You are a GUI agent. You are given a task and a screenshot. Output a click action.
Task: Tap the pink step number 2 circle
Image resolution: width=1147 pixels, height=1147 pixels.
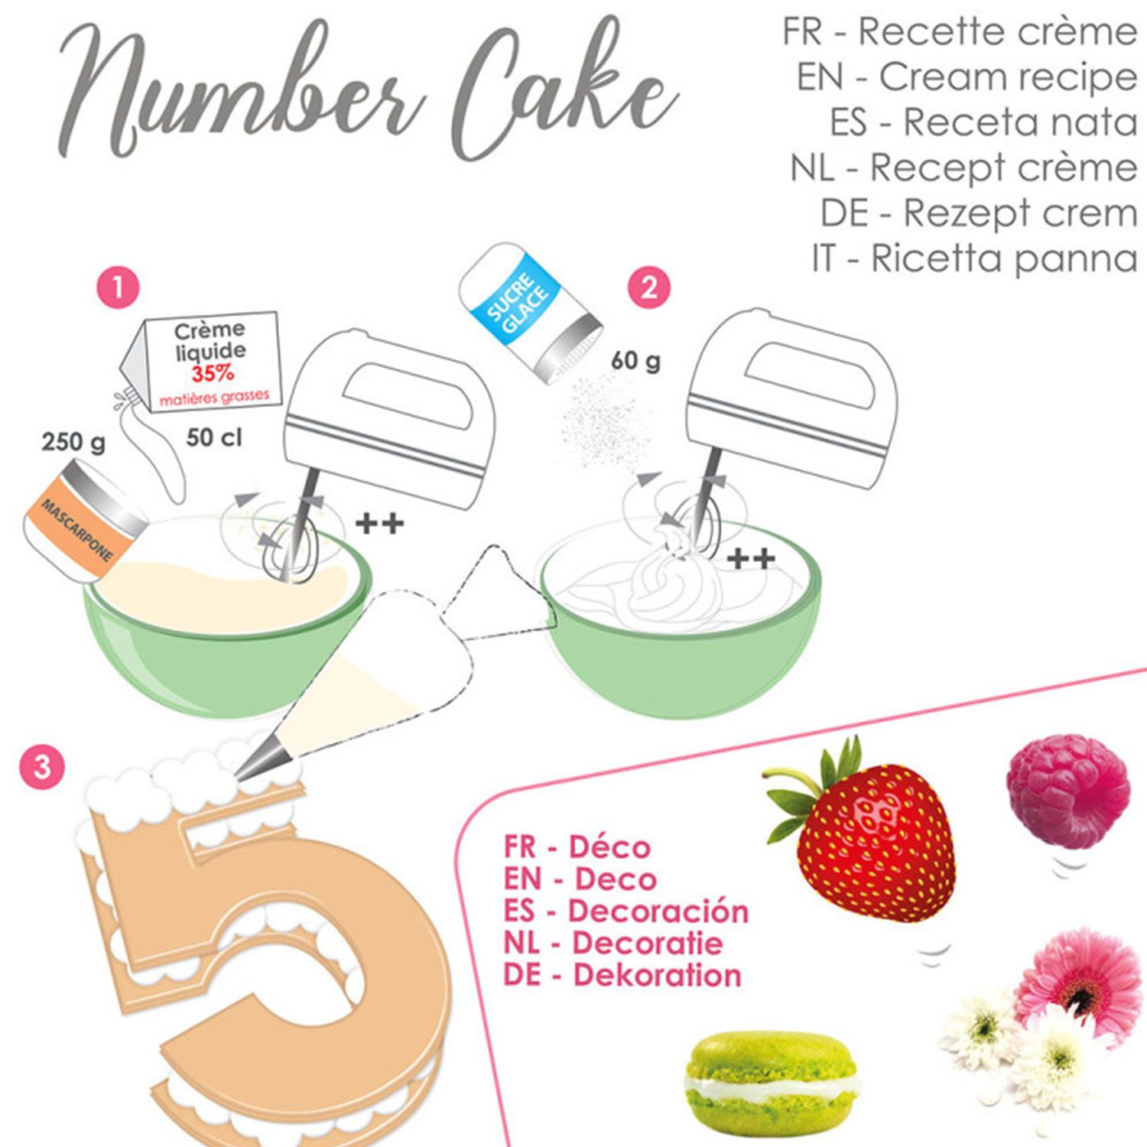point(648,288)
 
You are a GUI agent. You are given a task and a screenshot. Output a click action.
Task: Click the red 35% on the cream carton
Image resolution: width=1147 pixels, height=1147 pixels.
point(213,375)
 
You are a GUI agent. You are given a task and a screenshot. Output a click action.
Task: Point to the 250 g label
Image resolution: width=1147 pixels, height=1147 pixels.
point(74,442)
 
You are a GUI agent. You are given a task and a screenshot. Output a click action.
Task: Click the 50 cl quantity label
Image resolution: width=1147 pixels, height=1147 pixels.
point(214,437)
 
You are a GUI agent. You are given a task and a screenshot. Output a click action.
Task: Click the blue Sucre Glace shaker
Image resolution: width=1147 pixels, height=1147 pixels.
point(531,314)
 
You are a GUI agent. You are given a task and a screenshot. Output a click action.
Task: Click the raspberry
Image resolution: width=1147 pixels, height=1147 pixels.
point(1069,791)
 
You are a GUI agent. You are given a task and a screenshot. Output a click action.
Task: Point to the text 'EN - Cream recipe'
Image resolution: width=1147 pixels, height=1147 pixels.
point(967,76)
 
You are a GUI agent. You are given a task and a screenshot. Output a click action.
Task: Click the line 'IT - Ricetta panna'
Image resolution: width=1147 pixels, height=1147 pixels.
point(975,258)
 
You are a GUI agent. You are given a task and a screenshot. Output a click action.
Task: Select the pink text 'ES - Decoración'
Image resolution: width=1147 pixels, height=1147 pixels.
point(625,911)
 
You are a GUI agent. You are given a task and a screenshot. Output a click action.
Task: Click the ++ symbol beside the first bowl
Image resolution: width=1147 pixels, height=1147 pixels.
point(380,524)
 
